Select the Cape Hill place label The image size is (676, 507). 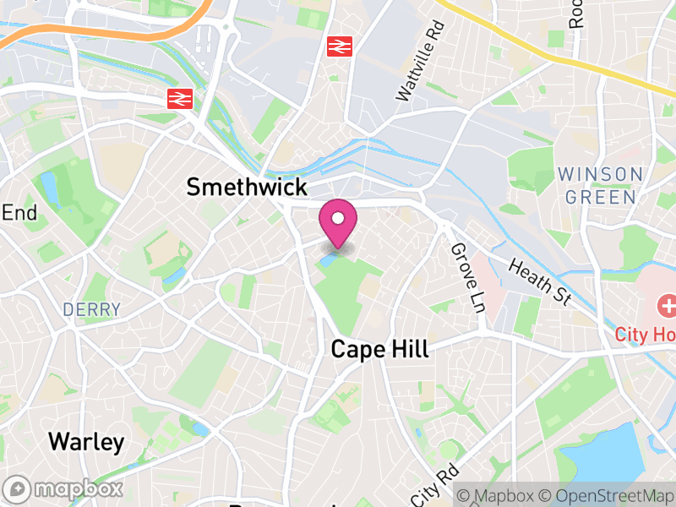click(x=379, y=349)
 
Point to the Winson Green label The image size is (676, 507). click(x=601, y=185)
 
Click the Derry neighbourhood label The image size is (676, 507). click(x=91, y=310)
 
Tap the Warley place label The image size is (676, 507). click(x=86, y=441)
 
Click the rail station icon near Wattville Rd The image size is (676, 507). click(x=340, y=46)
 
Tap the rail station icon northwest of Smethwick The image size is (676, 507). click(x=178, y=99)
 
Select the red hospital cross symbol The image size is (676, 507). click(x=666, y=305)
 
